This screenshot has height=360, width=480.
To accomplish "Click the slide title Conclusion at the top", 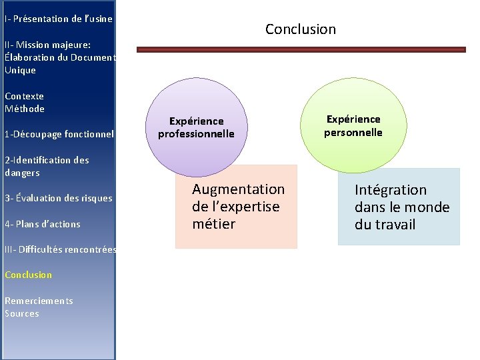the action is [301, 29].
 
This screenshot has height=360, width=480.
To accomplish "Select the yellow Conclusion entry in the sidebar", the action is [28, 275].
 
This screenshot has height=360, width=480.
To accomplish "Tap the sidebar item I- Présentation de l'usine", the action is [58, 19].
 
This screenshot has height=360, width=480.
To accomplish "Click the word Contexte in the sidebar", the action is [24, 96].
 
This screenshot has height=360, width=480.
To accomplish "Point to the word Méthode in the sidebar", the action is [25, 109].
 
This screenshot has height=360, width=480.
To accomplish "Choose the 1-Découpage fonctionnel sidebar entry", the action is [59, 134].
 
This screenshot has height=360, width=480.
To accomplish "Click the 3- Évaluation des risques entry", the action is [59, 198].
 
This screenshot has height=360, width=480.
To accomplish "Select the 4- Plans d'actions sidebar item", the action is [42, 224].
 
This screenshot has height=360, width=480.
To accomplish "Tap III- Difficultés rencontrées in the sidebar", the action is [60, 249].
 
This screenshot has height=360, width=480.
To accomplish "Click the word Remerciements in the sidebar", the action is [39, 301].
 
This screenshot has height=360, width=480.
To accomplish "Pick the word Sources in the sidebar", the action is [22, 313].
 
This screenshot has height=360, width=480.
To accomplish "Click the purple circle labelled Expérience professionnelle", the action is [196, 127].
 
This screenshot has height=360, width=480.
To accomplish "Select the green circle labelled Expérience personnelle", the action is [353, 125].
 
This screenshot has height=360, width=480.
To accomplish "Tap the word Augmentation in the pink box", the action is [238, 189].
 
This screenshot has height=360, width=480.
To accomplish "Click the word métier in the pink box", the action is [213, 224].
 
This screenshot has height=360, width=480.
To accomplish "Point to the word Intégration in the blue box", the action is [390, 190].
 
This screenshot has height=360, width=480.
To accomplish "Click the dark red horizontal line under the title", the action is [301, 49].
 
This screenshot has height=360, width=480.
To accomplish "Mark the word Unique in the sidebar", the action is [20, 70].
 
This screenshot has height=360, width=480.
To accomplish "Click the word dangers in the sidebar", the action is [22, 173].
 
